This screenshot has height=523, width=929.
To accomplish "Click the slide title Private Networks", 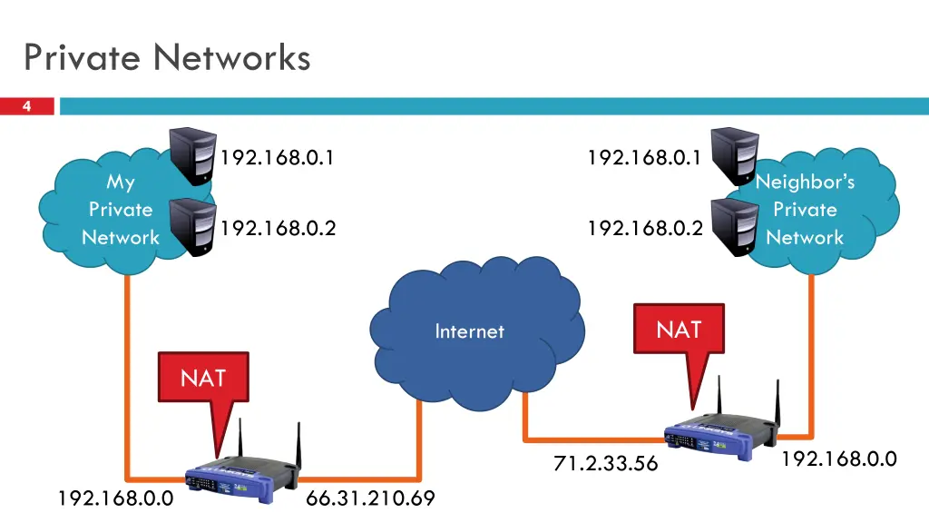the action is tap(167, 57).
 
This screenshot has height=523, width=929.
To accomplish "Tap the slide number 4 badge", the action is tap(26, 106).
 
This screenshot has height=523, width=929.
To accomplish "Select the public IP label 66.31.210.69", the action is tap(370, 498).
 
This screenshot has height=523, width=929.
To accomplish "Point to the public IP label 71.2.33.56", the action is tap(605, 463).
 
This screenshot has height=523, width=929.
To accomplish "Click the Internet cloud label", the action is tap(469, 331).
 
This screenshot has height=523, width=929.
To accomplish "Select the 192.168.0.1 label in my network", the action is tap(278, 158).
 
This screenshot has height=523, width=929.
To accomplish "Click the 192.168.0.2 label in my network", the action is tap(278, 228).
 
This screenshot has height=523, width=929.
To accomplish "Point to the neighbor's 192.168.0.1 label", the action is tap(644, 158).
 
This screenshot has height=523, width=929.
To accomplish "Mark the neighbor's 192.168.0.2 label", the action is tap(645, 228).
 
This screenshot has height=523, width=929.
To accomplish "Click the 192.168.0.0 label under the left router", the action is tap(115, 498).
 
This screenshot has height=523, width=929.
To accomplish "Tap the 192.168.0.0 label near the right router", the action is tap(839, 459).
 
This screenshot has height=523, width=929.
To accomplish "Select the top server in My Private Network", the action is tap(192, 156).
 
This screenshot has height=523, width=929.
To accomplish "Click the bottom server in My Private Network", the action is tap(192, 227).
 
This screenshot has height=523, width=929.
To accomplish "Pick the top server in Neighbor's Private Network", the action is tap(735, 156).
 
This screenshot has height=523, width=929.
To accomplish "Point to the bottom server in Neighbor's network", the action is tap(735, 227).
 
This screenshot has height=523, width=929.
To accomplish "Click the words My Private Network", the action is tap(121, 210).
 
